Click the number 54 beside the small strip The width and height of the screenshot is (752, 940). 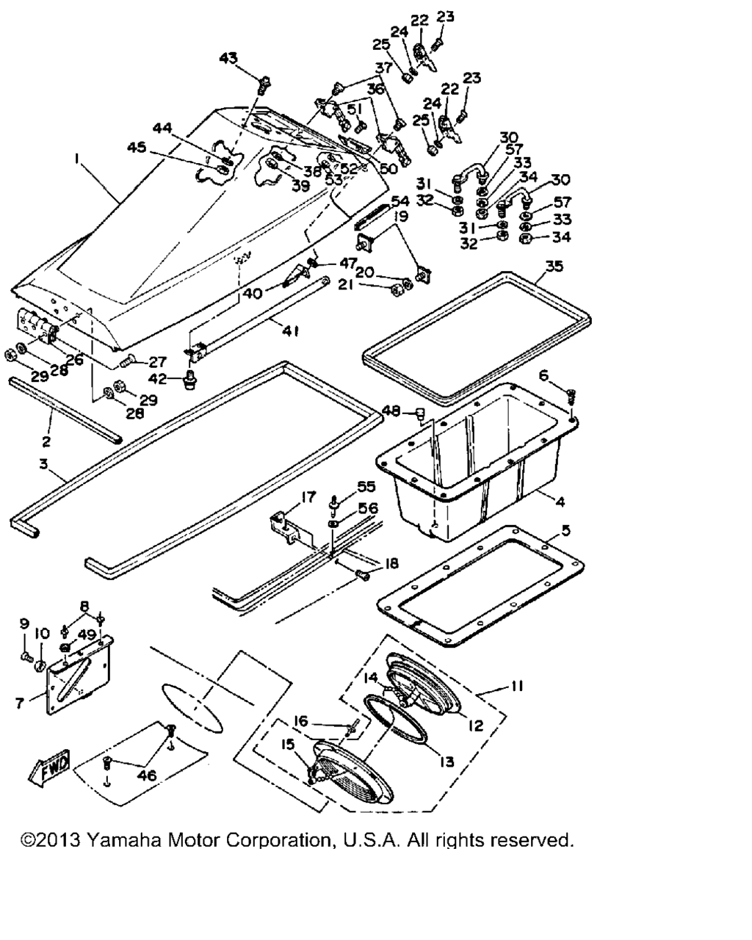pyautogui.click(x=399, y=201)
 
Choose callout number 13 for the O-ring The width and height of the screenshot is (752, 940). pyautogui.click(x=447, y=762)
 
